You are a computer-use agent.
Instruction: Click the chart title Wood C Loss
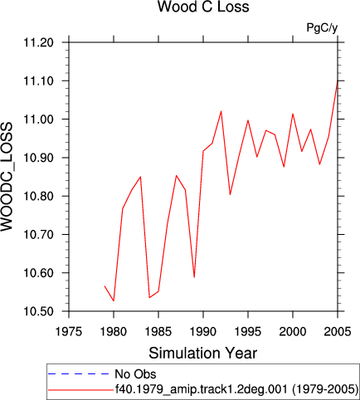coord(203,7)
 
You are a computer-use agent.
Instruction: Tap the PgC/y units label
coord(322,28)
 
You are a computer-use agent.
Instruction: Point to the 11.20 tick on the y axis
coord(38,42)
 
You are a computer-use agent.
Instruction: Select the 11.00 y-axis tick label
coord(38,120)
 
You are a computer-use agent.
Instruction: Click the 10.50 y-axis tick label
coord(38,311)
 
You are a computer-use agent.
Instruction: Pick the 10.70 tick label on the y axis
coord(38,235)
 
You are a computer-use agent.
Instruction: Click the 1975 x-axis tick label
coord(69,331)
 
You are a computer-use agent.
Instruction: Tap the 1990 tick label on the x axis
coord(203,331)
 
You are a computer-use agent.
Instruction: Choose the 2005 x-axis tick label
coord(338,331)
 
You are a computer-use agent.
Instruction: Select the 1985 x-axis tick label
coord(158,331)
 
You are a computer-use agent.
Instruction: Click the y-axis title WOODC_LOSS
coord(7,177)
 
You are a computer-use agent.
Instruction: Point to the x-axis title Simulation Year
coord(203,353)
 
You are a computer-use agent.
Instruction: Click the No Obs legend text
coord(135,374)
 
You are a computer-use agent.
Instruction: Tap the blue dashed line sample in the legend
coord(79,374)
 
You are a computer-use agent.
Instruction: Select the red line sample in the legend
coord(80,390)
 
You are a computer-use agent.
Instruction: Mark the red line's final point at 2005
coord(338,80)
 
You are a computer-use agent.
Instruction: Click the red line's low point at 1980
coord(114,300)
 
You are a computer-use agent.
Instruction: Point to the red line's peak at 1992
coord(221,111)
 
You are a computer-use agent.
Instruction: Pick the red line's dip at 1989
coord(194,277)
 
